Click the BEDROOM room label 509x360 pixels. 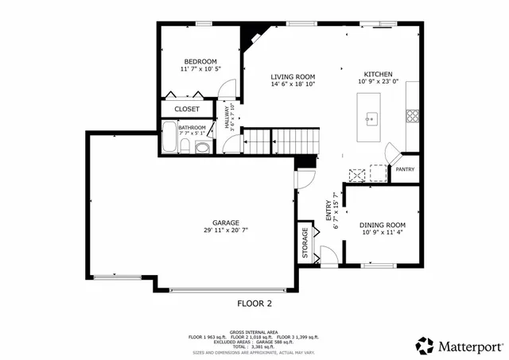click(x=200, y=62)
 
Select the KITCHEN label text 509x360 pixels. click(x=379, y=74)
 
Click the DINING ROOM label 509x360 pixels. click(x=383, y=225)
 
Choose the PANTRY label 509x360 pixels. click(x=405, y=169)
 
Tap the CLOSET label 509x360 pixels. click(x=187, y=109)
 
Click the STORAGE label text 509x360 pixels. click(x=305, y=243)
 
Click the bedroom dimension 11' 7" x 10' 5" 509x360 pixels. click(x=200, y=70)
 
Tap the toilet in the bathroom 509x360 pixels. click(x=185, y=145)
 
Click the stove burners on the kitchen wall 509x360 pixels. click(x=413, y=115)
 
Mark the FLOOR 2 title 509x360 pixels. click(x=254, y=304)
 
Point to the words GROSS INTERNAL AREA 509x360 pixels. click(x=253, y=332)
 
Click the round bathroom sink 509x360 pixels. click(x=202, y=147)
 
